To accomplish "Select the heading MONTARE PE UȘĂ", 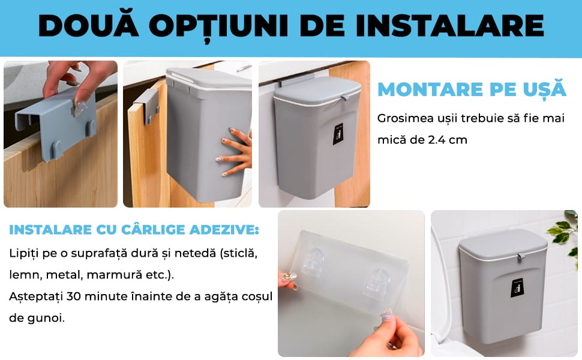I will pyautogui.click(x=472, y=89).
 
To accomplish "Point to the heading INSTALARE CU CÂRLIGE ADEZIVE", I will pyautogui.click(x=134, y=230).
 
